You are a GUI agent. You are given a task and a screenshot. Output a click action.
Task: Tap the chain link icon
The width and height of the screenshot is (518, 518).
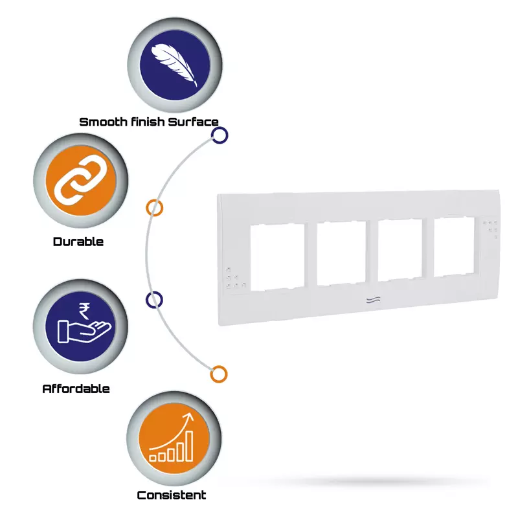78,179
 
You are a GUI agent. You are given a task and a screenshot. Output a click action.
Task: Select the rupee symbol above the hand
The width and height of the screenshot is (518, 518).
84,311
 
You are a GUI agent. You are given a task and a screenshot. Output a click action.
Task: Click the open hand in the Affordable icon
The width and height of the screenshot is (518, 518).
84,332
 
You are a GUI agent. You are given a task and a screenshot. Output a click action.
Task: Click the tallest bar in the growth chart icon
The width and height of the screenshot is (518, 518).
189,445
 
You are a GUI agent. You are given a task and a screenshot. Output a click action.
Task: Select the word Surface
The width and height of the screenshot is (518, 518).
193,122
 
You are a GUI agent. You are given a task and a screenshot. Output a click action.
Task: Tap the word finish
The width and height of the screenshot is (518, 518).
148,122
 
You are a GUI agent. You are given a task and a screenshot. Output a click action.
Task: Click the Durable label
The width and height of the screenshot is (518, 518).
78,242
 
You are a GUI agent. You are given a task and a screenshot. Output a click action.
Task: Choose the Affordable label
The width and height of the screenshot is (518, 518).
76,388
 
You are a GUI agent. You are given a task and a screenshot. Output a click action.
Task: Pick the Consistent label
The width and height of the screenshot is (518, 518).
172,495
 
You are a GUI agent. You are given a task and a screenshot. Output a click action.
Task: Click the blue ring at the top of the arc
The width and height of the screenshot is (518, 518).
220,135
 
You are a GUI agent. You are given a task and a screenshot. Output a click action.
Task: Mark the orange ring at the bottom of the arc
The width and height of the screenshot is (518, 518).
219,374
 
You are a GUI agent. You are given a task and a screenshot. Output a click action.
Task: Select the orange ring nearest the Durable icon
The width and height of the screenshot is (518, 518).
154,208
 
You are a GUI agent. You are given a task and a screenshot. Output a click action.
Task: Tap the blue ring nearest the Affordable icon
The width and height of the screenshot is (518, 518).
154,300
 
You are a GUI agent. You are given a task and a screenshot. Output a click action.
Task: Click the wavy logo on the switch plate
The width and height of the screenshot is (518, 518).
373,300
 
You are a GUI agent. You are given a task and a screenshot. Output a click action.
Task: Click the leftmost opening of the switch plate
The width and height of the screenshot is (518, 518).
278,257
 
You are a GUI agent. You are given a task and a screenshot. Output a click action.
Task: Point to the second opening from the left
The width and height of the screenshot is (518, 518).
341,253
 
